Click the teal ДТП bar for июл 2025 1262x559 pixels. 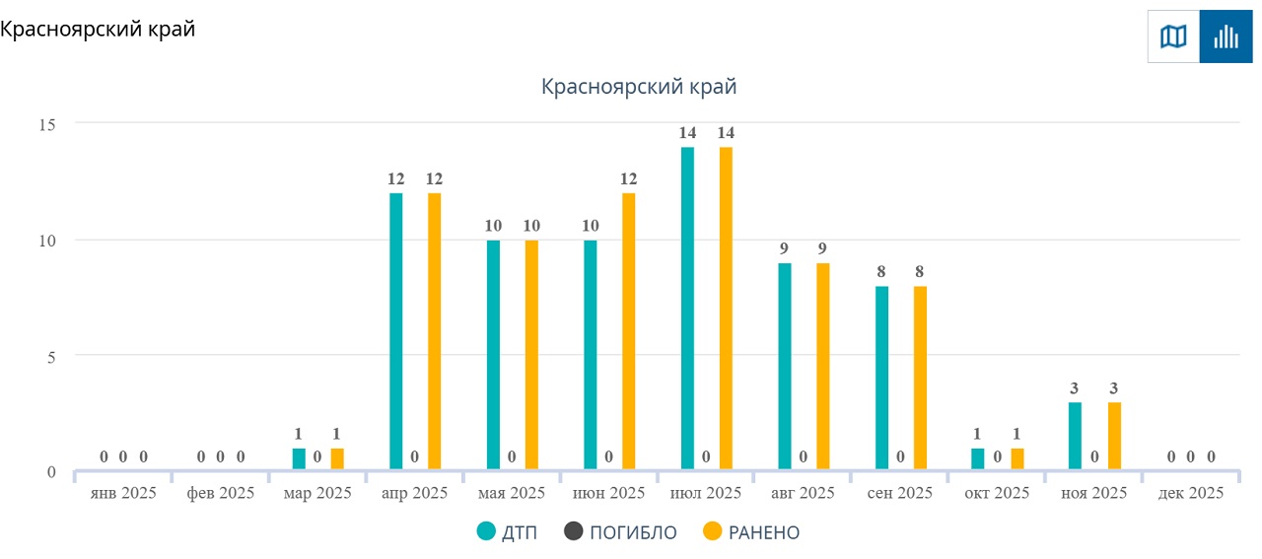[687, 309]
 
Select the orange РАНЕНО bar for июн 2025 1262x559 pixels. [629, 331]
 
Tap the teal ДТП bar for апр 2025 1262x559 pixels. [395, 331]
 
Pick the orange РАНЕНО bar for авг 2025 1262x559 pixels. [823, 367]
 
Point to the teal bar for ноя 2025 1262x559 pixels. [1075, 436]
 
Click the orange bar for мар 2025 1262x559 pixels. [337, 459]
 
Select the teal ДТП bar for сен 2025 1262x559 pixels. [881, 379]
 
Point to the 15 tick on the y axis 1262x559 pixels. [47, 124]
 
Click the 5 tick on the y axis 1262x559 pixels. [51, 355]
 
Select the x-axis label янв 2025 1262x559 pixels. [122, 493]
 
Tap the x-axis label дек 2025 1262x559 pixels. [1191, 493]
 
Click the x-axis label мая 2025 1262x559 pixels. [512, 493]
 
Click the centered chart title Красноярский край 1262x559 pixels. [639, 87]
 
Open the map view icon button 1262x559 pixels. [1173, 37]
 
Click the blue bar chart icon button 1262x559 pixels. [1226, 37]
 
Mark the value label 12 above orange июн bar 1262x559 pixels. [629, 178]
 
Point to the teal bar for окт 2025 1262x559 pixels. [978, 459]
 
